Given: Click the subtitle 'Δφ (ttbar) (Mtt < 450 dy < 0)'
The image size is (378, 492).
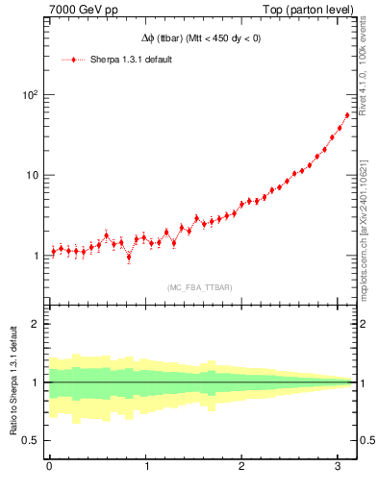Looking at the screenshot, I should click(200, 38).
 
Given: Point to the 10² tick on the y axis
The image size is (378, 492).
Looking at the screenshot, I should click(29, 95).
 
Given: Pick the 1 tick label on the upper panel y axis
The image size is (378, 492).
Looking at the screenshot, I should click(37, 256).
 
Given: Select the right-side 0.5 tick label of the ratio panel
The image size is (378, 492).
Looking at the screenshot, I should click(367, 440).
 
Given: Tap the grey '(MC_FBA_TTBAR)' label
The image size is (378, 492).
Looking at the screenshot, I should click(200, 287).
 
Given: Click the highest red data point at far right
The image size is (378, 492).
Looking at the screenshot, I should click(347, 115).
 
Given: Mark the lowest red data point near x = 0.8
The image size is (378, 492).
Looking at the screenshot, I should click(129, 257).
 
